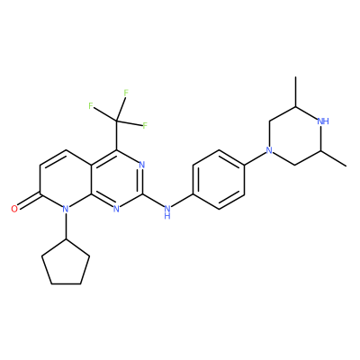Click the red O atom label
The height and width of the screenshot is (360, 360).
14,209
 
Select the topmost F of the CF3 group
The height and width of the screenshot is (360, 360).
126,93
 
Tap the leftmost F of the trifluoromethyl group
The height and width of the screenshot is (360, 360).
91,105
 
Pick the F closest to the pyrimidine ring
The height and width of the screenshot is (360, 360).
145,126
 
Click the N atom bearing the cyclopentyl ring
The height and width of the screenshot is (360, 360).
66,209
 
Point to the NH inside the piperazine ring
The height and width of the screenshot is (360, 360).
323,121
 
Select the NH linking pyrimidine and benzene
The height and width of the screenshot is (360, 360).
167,211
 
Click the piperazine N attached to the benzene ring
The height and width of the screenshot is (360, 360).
270,150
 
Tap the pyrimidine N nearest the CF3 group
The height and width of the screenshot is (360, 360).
142,165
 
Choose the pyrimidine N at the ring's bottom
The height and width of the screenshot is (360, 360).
117,209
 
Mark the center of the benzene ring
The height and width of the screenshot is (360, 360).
219,179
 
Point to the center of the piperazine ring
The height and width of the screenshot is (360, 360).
295,136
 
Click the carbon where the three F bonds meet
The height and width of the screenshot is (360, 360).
117,121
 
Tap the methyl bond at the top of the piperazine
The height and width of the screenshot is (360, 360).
295,92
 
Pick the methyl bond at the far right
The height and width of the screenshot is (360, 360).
334,157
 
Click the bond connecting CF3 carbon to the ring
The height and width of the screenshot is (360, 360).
117,135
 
